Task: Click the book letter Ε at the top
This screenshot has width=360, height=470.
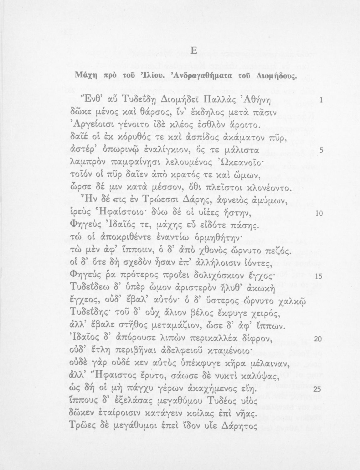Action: tap(193, 51)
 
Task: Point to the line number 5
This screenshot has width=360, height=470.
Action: tap(321, 151)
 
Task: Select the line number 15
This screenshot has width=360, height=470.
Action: tap(319, 277)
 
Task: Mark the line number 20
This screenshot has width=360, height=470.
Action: tap(318, 339)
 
